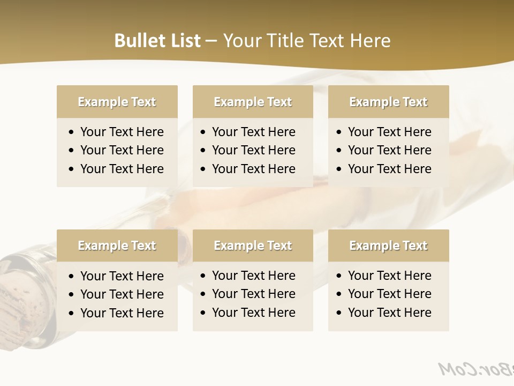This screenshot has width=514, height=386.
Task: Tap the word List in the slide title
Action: pyautogui.click(x=183, y=41)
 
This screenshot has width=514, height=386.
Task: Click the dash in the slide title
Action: pyautogui.click(x=211, y=41)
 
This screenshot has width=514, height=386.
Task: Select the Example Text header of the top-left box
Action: pyautogui.click(x=117, y=102)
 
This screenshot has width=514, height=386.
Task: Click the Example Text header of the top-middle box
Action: pyautogui.click(x=253, y=102)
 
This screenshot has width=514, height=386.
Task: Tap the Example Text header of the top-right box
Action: pyautogui.click(x=388, y=102)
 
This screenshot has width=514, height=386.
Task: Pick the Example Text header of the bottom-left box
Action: pyautogui.click(x=117, y=246)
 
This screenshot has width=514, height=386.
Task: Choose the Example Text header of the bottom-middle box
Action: pyautogui.click(x=253, y=246)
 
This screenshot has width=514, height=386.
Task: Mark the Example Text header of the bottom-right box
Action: pyautogui.click(x=388, y=246)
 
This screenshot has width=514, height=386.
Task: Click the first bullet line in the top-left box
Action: pyautogui.click(x=122, y=132)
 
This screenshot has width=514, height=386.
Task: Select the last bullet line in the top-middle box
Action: pyautogui.click(x=253, y=169)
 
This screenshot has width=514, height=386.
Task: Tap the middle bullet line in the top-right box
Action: pyautogui.click(x=389, y=150)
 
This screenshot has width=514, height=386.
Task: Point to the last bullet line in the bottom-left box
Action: pyautogui.click(x=122, y=313)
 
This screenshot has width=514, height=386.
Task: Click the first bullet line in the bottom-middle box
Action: pyautogui.click(x=253, y=276)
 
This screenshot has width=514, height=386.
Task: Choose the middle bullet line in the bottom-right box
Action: pyautogui.click(x=389, y=294)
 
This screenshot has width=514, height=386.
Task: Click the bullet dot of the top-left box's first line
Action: pyautogui.click(x=72, y=132)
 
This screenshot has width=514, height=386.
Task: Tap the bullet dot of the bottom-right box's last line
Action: pyautogui.click(x=339, y=313)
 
